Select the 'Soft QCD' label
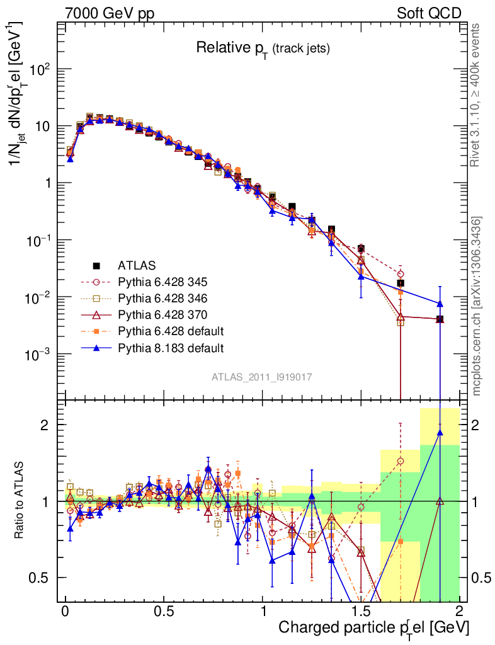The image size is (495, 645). (x=429, y=13)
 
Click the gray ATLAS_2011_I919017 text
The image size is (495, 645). (x=262, y=377)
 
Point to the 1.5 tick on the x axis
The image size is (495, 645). (x=361, y=612)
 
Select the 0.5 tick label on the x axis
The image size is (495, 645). (x=163, y=612)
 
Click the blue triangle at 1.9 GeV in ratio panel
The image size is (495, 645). (x=440, y=431)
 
